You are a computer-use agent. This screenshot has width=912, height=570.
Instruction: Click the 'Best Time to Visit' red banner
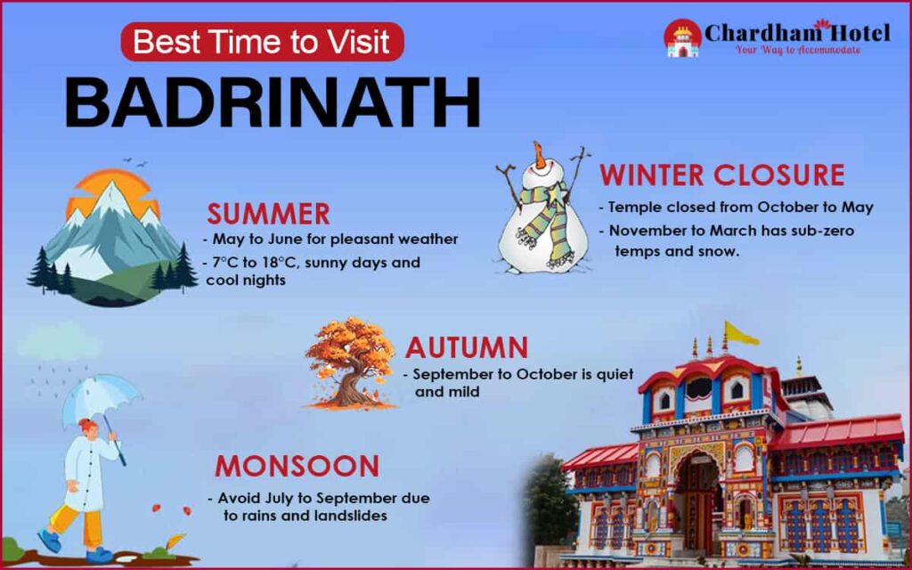click(x=263, y=41)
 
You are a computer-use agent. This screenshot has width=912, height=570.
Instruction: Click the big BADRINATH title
click(x=273, y=102)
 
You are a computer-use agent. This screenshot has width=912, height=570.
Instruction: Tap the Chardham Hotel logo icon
click(x=682, y=38)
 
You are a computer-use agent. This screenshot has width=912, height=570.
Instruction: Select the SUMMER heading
click(x=268, y=214)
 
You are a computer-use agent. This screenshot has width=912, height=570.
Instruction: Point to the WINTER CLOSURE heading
click(x=722, y=175)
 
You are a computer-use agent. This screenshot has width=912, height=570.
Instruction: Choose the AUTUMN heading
click(x=467, y=348)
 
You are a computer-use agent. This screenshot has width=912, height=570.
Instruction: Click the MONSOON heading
click(x=297, y=467)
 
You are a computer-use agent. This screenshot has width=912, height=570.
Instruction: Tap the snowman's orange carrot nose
click(x=541, y=155)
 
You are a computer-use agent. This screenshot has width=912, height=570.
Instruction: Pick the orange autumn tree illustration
click(x=350, y=363)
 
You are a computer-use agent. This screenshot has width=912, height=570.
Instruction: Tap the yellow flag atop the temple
click(x=740, y=333)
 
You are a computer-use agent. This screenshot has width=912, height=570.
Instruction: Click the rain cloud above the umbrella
click(x=59, y=342)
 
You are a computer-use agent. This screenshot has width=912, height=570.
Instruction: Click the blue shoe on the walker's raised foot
click(x=50, y=541)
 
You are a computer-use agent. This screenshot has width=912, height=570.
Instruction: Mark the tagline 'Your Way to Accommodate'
click(x=798, y=50)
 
